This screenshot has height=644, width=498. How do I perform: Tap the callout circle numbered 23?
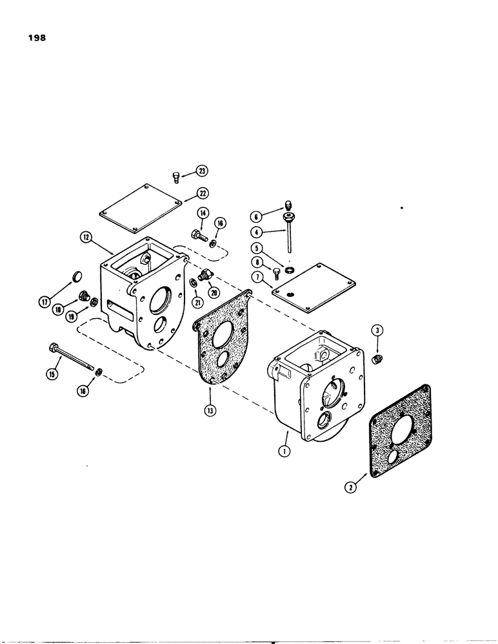point(203,171)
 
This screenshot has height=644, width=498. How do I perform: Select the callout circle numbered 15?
point(48,372)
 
